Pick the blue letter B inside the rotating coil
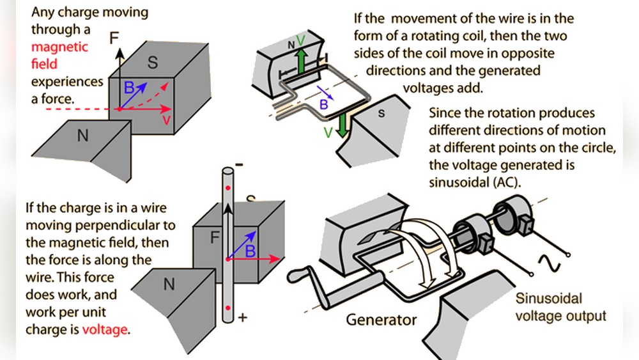[324, 102]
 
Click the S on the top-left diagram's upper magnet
[153, 63]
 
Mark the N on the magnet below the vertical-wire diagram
[169, 285]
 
